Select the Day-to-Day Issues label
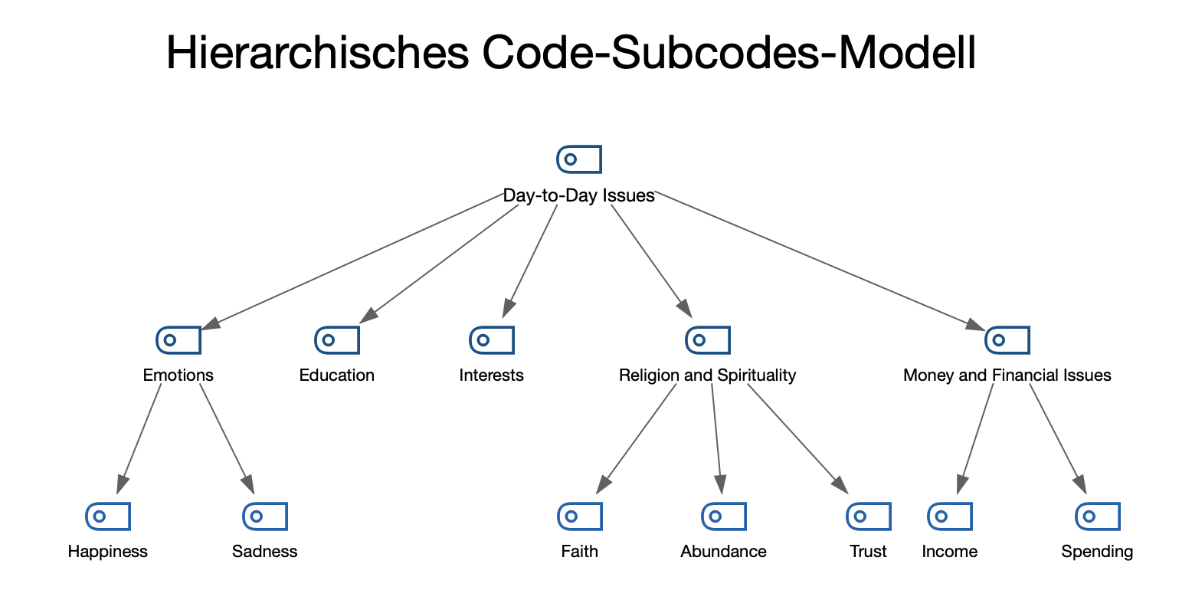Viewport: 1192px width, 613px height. pos(578,195)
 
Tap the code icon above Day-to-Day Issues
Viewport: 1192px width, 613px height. pos(578,159)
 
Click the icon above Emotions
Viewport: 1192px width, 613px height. pos(178,339)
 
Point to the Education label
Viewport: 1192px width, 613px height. pos(336,375)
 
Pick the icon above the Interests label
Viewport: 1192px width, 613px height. pos(491,339)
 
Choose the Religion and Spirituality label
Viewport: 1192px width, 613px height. pos(707,375)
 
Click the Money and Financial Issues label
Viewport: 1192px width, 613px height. pos(1007,375)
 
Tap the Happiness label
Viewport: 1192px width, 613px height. pos(108,552)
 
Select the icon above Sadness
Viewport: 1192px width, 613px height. pos(265,516)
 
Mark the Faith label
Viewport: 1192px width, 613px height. pos(579,552)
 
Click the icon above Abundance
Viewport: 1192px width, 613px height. pos(724,516)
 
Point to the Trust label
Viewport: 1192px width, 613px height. pos(868,552)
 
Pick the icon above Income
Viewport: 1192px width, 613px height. pos(950,516)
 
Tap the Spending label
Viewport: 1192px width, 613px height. pos(1097,552)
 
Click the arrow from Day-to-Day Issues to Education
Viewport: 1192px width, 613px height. pos(440,264)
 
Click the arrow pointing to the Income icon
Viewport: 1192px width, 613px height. pos(975,437)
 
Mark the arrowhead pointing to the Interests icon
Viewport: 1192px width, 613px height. pos(507,309)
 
